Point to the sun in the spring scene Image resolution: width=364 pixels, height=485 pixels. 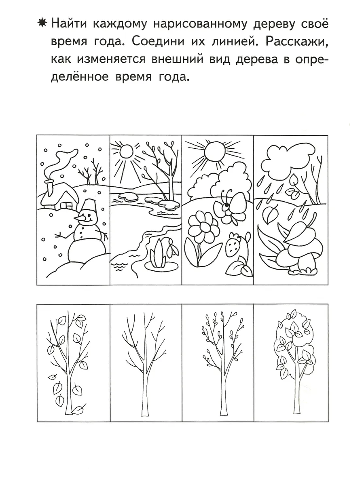(125, 153)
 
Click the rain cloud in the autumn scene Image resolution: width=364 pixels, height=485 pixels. (283, 158)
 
